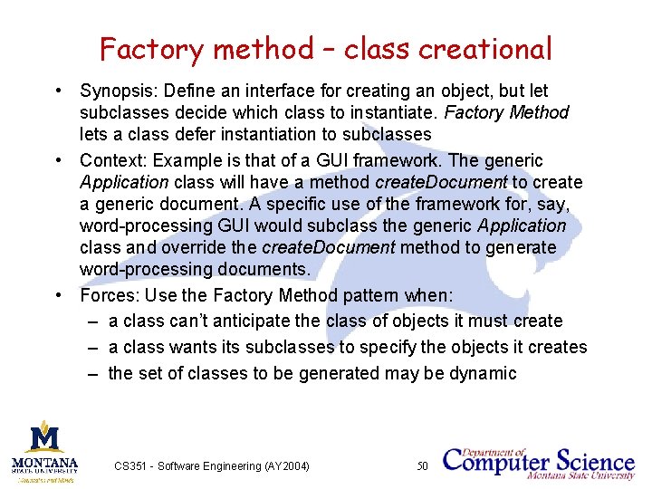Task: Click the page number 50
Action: pos(421,466)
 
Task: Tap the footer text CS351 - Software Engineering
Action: pos(212,466)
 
